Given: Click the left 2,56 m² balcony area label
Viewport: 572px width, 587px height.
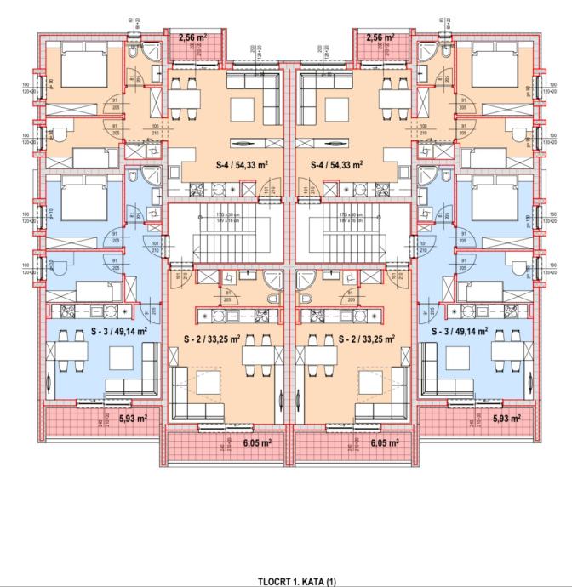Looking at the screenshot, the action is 193,37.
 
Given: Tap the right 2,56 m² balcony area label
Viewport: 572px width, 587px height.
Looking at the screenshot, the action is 380,37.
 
